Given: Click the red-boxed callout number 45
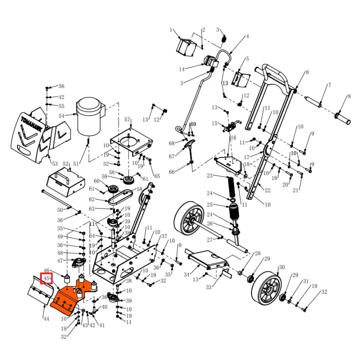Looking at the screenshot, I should pyautogui.click(x=46, y=279).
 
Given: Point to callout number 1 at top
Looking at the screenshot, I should pyautogui.click(x=171, y=30).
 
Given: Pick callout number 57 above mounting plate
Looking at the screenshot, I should pyautogui.click(x=127, y=120).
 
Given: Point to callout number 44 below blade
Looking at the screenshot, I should pyautogui.click(x=46, y=319).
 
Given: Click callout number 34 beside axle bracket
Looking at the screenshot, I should pyautogui.click(x=186, y=274).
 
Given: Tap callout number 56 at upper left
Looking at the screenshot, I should pyautogui.click(x=62, y=86).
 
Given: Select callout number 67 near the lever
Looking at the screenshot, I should pyautogui.click(x=171, y=157).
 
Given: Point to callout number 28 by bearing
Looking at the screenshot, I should pyautogui.click(x=258, y=254).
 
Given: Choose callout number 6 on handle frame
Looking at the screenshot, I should pyautogui.click(x=307, y=72).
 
